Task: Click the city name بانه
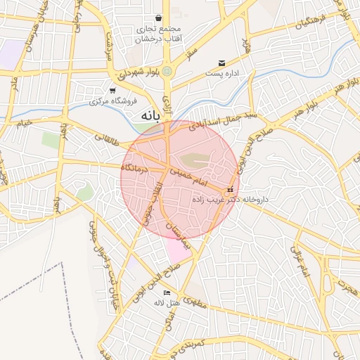(146, 115)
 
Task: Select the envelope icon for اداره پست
(222, 63)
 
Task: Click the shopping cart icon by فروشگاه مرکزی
(112, 91)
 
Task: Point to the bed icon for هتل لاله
(167, 292)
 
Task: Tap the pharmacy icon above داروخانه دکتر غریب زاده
(230, 190)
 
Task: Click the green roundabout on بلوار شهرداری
(167, 71)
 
